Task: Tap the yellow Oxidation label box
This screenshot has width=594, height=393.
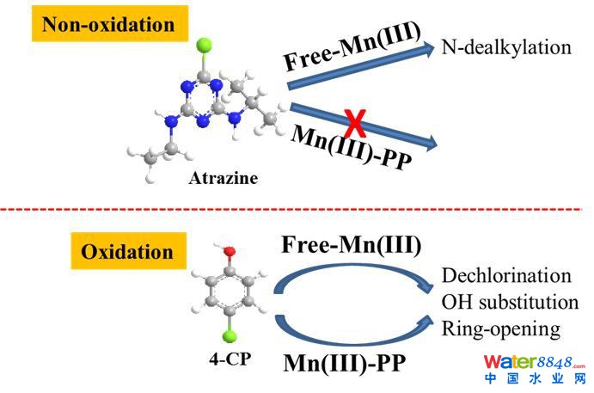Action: coord(126,252)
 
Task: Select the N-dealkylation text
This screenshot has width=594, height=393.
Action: coord(506,46)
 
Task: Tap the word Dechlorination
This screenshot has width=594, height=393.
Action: coord(505,275)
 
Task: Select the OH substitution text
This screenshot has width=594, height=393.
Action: coord(509,302)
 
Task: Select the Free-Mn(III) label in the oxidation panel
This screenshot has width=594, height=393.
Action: coord(348,244)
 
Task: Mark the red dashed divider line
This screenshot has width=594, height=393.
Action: coord(297,210)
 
